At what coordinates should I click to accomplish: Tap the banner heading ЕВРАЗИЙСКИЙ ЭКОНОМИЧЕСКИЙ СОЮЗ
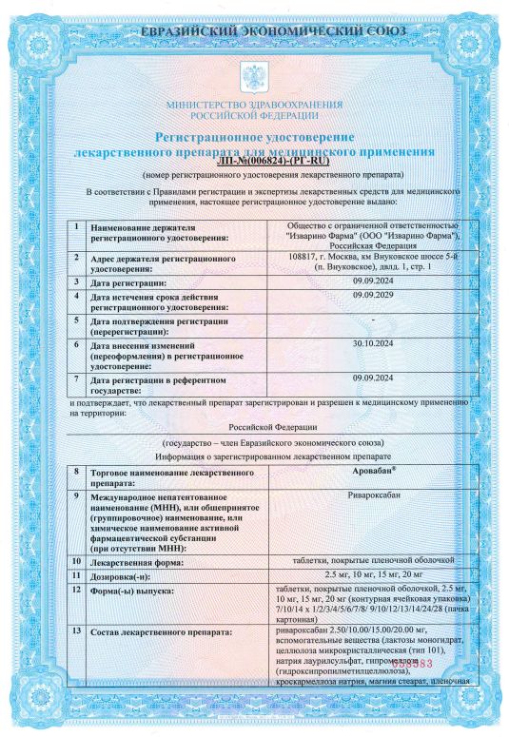click(x=254, y=31)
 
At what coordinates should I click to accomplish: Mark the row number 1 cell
click(x=75, y=228)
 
